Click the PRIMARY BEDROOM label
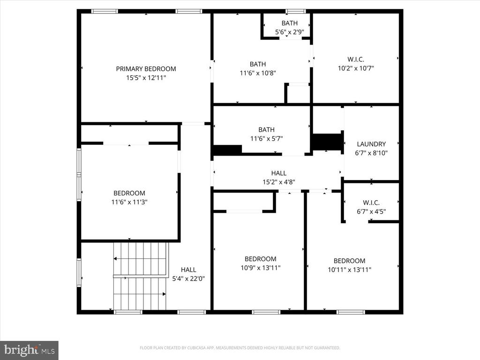point(146,69)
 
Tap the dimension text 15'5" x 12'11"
point(146,78)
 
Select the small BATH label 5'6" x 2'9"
point(289,23)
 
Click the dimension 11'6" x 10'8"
point(257,73)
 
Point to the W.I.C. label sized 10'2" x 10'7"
point(356,60)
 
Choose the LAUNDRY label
point(371,144)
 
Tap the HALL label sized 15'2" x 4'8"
point(278,173)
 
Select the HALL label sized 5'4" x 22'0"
point(188,270)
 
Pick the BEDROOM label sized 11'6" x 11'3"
point(129,193)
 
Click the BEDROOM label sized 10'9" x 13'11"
point(260,259)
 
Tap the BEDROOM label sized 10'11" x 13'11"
point(349,261)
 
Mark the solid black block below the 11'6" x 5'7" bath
point(227,150)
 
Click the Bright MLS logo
point(29,350)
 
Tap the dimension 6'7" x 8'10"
point(371,153)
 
